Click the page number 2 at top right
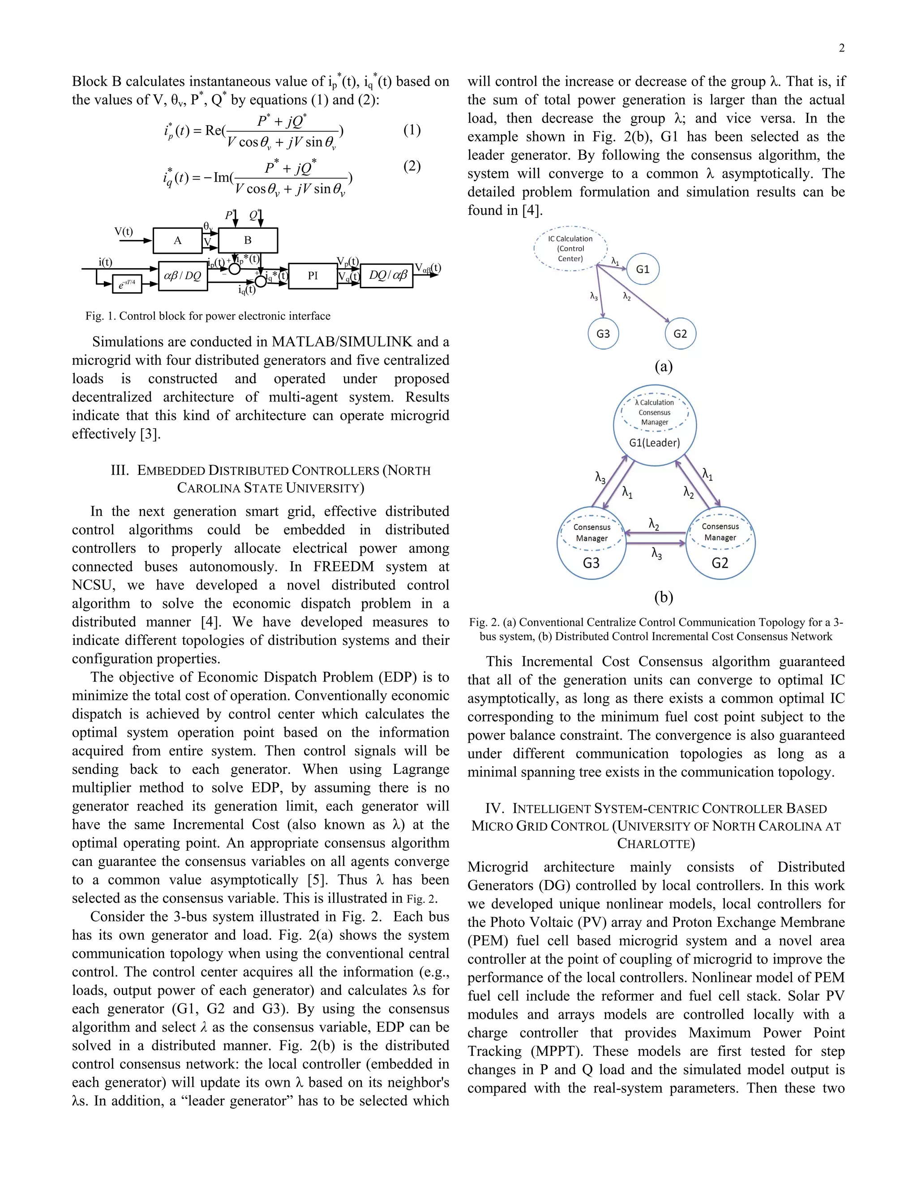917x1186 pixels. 841,48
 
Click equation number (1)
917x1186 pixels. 412,130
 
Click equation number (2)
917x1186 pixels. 412,166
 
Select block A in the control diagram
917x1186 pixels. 178,241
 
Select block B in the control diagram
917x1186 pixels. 248,240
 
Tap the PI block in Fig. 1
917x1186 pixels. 313,276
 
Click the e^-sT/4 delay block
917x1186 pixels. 127,283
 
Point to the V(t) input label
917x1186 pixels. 124,231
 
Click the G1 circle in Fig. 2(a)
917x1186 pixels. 643,269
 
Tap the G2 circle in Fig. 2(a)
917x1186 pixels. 680,333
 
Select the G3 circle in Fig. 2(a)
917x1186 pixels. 603,333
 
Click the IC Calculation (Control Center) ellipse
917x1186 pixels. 570,249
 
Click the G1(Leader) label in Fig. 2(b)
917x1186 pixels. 654,443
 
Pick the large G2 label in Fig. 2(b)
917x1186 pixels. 720,563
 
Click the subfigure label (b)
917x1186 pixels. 663,597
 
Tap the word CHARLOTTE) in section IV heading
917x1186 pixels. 656,843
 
